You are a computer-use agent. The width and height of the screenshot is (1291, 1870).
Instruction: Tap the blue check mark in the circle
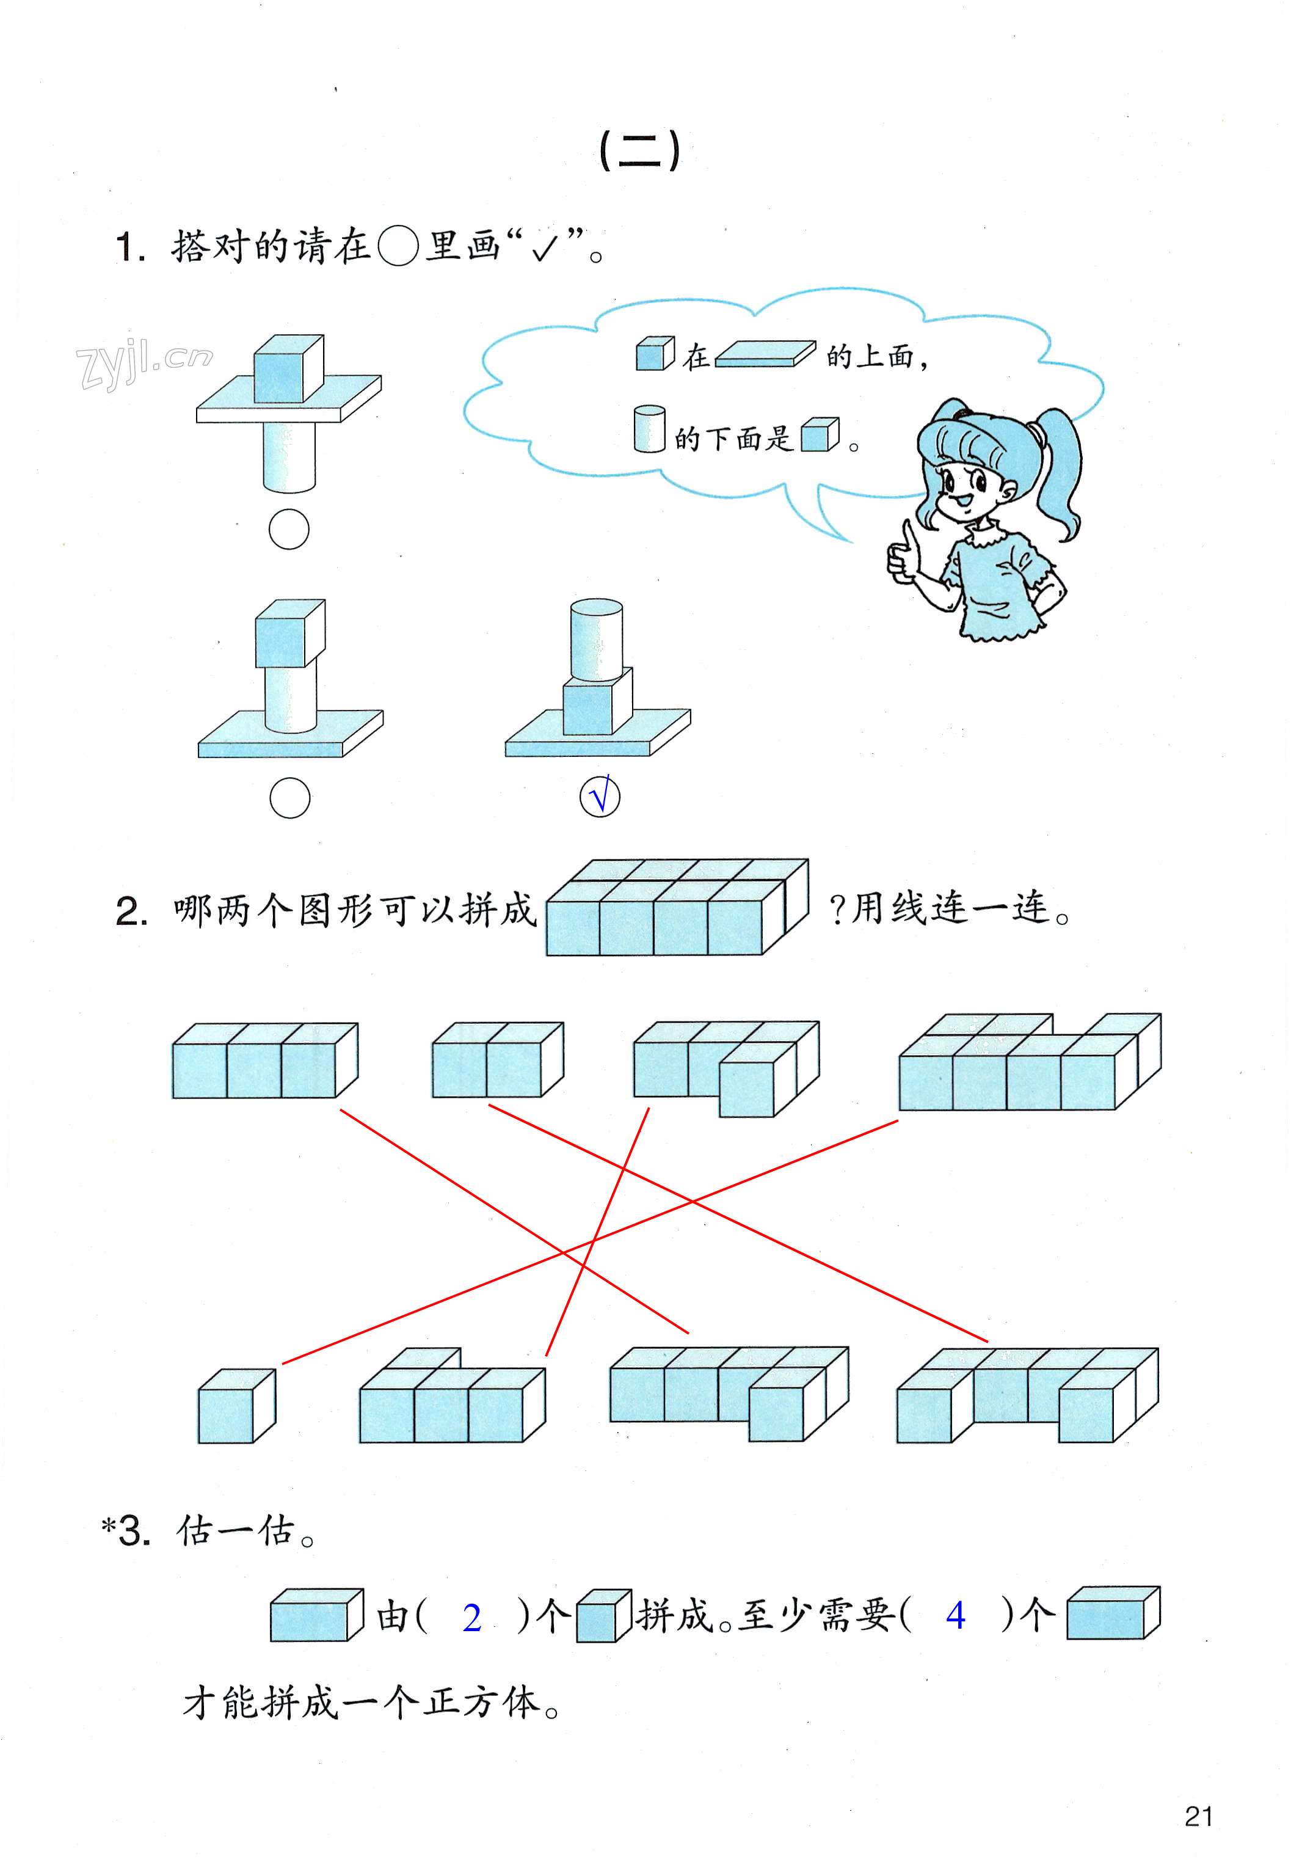coord(600,797)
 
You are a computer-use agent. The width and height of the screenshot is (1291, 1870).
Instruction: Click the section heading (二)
coord(640,152)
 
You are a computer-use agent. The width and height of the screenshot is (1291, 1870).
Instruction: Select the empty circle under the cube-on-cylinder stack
coord(289,798)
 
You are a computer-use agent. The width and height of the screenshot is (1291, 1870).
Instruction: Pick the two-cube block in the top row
coord(498,1060)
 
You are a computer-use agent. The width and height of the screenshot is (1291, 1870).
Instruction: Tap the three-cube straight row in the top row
coord(264,1061)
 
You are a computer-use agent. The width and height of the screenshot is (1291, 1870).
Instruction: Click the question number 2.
coord(131,913)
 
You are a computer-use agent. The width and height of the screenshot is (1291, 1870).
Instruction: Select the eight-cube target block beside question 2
coord(677,908)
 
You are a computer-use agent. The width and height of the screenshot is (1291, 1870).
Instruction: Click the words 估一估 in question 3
coord(235,1532)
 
